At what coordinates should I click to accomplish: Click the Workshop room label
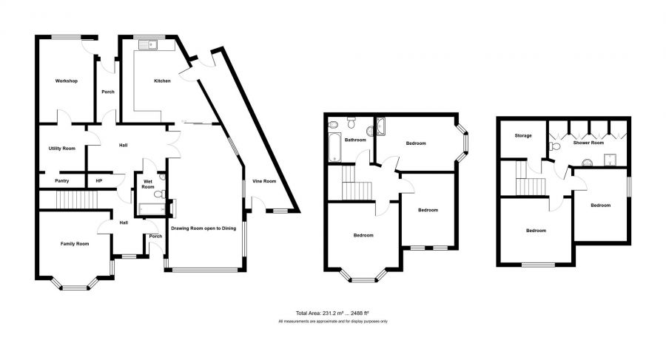(x=67, y=81)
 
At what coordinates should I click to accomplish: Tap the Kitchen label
(x=162, y=81)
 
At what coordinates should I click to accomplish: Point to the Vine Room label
(x=264, y=181)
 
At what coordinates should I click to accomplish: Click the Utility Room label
(x=62, y=149)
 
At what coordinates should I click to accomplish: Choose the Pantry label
(x=62, y=181)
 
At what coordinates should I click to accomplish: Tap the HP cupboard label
(x=99, y=181)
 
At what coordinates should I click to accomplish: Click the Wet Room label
(x=148, y=184)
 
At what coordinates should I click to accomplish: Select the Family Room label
(x=75, y=244)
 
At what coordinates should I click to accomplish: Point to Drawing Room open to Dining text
(x=203, y=228)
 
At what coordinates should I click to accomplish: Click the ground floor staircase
(x=77, y=200)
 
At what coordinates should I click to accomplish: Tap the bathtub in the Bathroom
(x=334, y=147)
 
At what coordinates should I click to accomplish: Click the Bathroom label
(x=355, y=140)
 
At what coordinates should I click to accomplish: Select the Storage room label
(x=523, y=136)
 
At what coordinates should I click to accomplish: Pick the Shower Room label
(x=588, y=143)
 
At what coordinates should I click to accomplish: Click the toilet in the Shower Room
(x=554, y=146)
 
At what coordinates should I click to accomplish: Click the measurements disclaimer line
(x=333, y=322)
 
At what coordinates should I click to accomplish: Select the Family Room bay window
(x=75, y=285)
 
